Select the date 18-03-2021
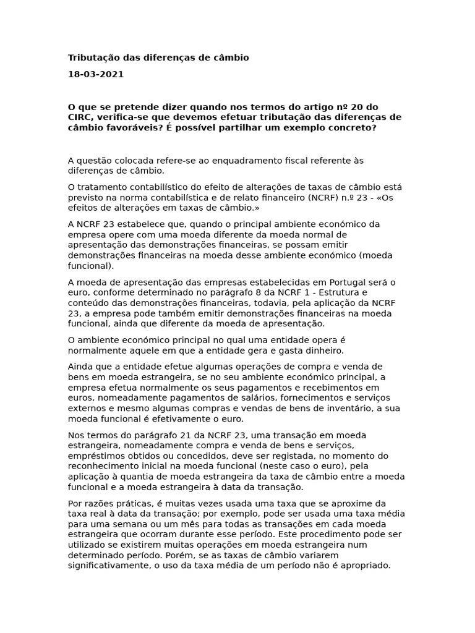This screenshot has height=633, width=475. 96,74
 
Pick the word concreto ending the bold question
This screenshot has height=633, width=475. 353,127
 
